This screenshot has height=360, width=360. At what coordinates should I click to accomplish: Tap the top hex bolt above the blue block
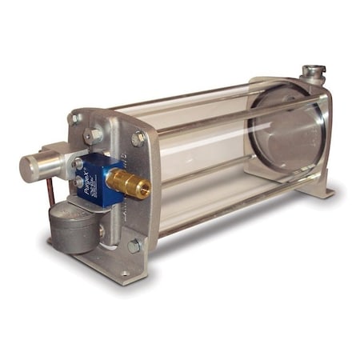point(94,136)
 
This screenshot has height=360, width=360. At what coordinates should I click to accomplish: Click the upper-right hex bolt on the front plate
point(138,138)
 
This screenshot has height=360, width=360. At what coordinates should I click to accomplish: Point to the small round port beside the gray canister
point(102,232)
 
